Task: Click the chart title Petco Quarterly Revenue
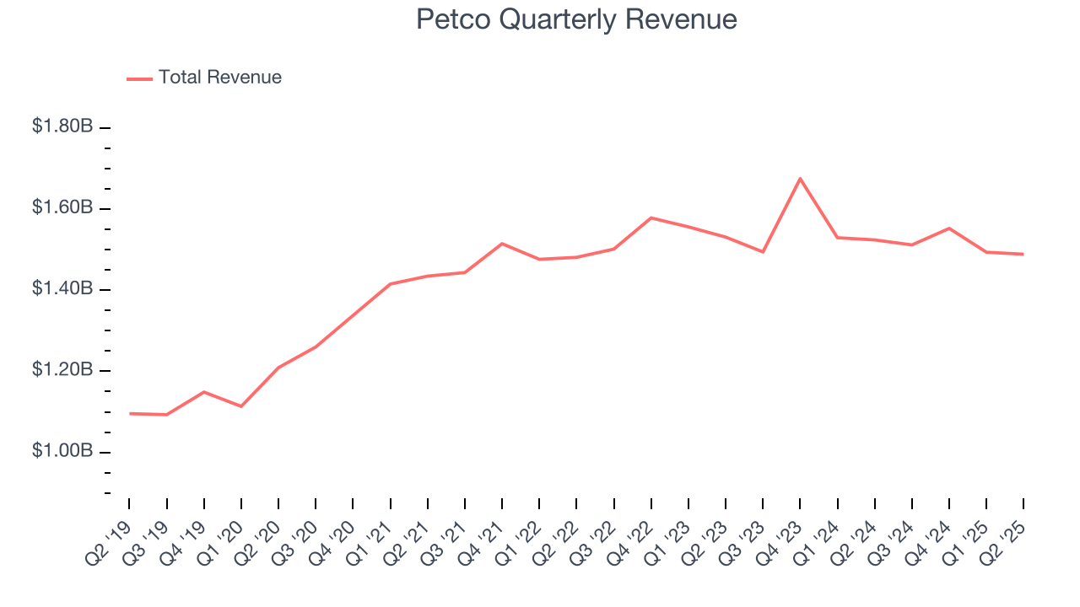tap(576, 19)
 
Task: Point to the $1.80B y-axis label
tap(62, 126)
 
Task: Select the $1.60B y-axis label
tap(62, 207)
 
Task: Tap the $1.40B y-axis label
tap(62, 289)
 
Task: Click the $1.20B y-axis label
tap(62, 370)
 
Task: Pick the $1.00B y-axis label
tap(62, 451)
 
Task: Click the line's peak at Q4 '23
tap(800, 178)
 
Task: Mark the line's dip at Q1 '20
tap(241, 406)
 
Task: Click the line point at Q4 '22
tap(651, 218)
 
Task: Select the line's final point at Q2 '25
tap(1023, 254)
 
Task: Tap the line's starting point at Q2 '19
tap(130, 413)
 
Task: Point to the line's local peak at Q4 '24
tap(949, 228)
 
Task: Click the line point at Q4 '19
tap(203, 391)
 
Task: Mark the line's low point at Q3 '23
tap(763, 252)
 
